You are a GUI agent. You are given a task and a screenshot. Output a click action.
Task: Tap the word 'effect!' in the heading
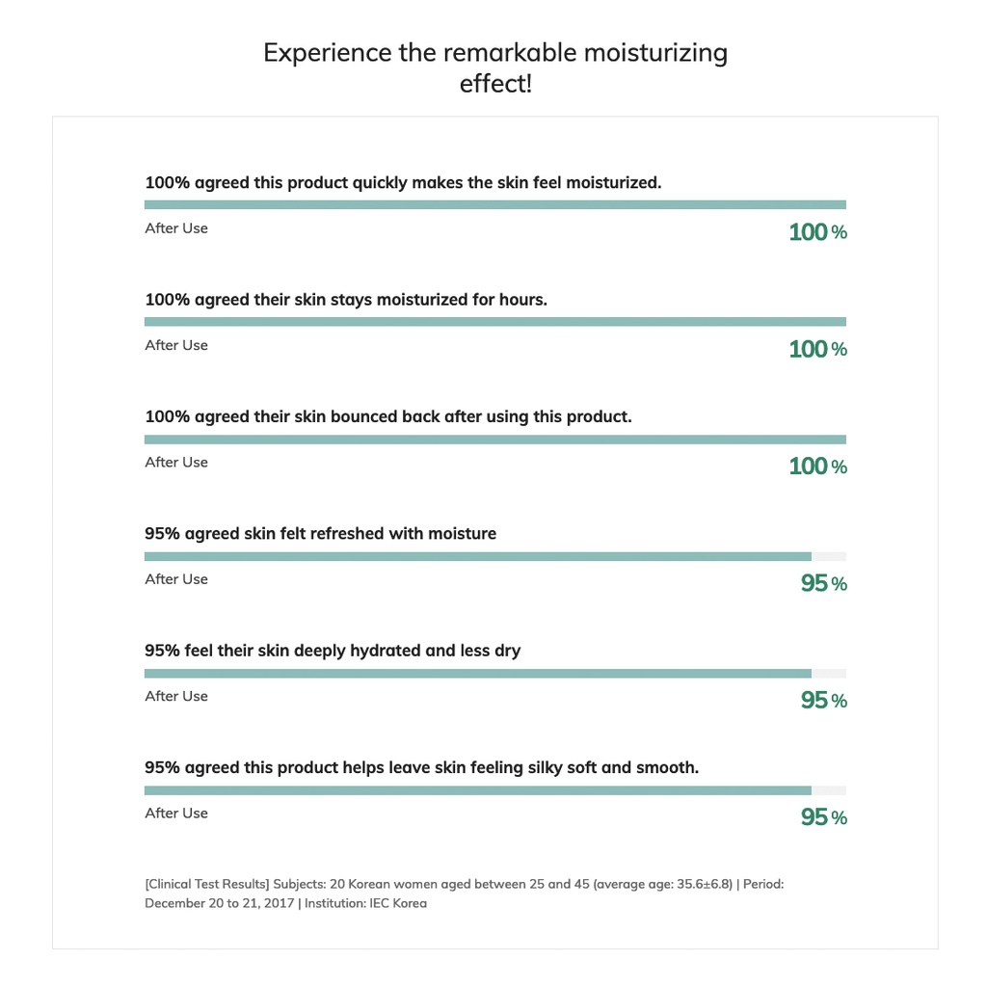coord(495,83)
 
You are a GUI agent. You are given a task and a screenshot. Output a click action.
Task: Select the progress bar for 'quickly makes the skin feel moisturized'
coord(495,204)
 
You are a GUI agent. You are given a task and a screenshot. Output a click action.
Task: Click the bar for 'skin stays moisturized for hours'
coord(495,322)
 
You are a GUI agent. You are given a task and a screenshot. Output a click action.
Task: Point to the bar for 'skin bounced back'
coord(495,440)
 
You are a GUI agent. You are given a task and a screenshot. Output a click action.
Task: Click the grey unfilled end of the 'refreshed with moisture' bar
coord(829,556)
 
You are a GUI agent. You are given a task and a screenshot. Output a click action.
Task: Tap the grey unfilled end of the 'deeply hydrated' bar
coord(829,674)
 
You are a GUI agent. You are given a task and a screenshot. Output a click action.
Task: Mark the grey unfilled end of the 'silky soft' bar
coord(829,790)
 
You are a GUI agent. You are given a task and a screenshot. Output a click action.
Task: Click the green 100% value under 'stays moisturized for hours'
coord(817,349)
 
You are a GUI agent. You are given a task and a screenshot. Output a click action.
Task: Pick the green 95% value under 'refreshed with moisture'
coord(824,583)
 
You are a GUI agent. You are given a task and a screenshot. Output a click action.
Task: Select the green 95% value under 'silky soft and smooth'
coord(824,817)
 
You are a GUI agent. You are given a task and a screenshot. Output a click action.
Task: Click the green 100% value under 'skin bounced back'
coord(817,466)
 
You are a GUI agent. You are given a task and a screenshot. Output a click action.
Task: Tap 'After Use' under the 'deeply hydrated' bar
coord(176,696)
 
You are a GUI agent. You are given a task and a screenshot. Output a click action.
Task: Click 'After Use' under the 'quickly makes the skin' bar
coord(176,228)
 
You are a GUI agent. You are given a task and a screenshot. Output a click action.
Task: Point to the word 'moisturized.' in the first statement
coord(614,182)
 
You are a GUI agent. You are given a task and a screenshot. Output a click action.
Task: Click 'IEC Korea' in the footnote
coord(398,903)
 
